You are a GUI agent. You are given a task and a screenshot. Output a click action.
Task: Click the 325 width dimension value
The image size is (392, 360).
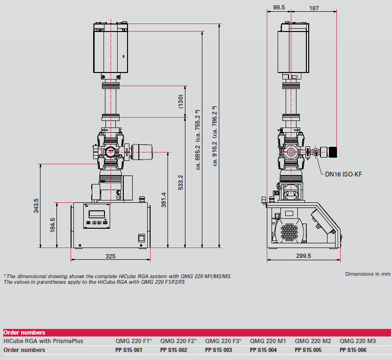click(x=111, y=256)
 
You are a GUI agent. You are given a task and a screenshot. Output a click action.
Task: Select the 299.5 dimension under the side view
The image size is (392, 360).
click(x=304, y=256)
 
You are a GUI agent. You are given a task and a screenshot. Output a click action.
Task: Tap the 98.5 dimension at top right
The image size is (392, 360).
click(x=279, y=8)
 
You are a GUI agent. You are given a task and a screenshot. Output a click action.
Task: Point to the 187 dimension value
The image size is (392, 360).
click(x=314, y=8)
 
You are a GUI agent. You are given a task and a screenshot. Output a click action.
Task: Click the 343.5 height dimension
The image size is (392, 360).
click(x=36, y=206)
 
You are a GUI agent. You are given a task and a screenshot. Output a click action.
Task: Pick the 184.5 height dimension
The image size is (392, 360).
click(x=52, y=225)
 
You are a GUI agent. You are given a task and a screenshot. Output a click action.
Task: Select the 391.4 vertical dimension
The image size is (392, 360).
click(x=163, y=200)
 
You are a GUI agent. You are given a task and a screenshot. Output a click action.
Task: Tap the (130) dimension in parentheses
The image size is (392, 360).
click(x=181, y=102)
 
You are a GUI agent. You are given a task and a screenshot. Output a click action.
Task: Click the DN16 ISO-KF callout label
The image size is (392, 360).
click(x=344, y=174)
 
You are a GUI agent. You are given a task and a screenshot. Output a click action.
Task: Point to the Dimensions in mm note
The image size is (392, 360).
click(x=368, y=274)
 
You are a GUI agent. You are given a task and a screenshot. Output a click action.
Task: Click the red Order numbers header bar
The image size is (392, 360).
click(x=196, y=332)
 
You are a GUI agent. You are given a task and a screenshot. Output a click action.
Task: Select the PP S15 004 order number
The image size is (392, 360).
click(x=264, y=350)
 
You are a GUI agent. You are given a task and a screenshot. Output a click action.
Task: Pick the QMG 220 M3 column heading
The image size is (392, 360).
click(x=358, y=341)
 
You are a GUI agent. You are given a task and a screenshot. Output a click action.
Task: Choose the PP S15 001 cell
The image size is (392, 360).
click(x=129, y=350)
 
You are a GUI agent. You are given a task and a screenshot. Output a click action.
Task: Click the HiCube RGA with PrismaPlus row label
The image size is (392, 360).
click(x=43, y=341)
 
